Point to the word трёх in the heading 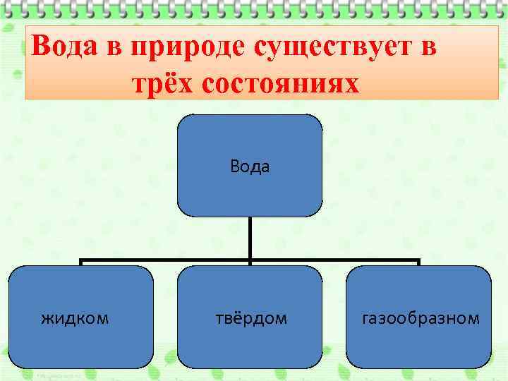tap(163, 83)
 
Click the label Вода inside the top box tap(250, 167)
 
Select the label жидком tap(75, 318)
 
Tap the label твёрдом tap(251, 318)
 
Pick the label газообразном tap(421, 318)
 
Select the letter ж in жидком tap(47, 319)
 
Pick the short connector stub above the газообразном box tap(419, 263)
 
